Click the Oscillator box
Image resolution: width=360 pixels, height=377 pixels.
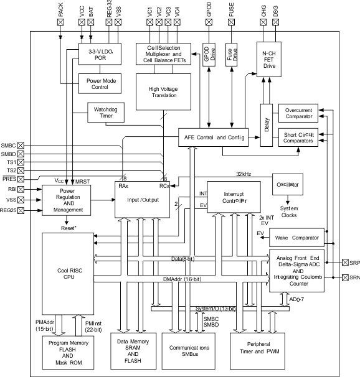[288, 185]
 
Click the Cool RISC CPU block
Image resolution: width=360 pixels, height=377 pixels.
[67, 272]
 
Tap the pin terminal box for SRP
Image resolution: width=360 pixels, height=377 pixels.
[345, 263]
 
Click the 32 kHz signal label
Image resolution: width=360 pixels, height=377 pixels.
[244, 174]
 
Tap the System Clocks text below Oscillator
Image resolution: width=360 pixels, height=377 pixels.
[288, 212]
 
